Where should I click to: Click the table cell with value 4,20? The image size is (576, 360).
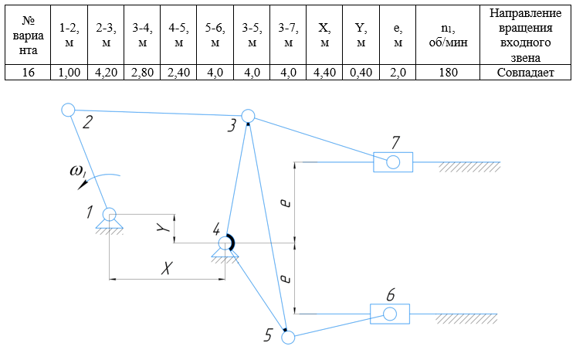coord(106,73)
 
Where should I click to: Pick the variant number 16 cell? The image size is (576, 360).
coord(24,73)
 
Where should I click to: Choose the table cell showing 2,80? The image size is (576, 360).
coord(142,73)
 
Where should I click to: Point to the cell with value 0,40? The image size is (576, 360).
coord(361,73)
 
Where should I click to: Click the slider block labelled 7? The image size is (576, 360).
coord(393,162)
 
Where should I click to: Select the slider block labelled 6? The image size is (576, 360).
coord(390,314)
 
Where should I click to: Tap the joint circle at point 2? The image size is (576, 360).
coord(68,110)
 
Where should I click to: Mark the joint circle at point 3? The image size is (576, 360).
coord(248,117)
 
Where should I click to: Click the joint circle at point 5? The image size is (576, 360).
coord(288,337)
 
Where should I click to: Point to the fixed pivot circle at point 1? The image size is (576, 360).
coord(110,214)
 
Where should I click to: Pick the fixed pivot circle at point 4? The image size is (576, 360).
coord(225,243)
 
